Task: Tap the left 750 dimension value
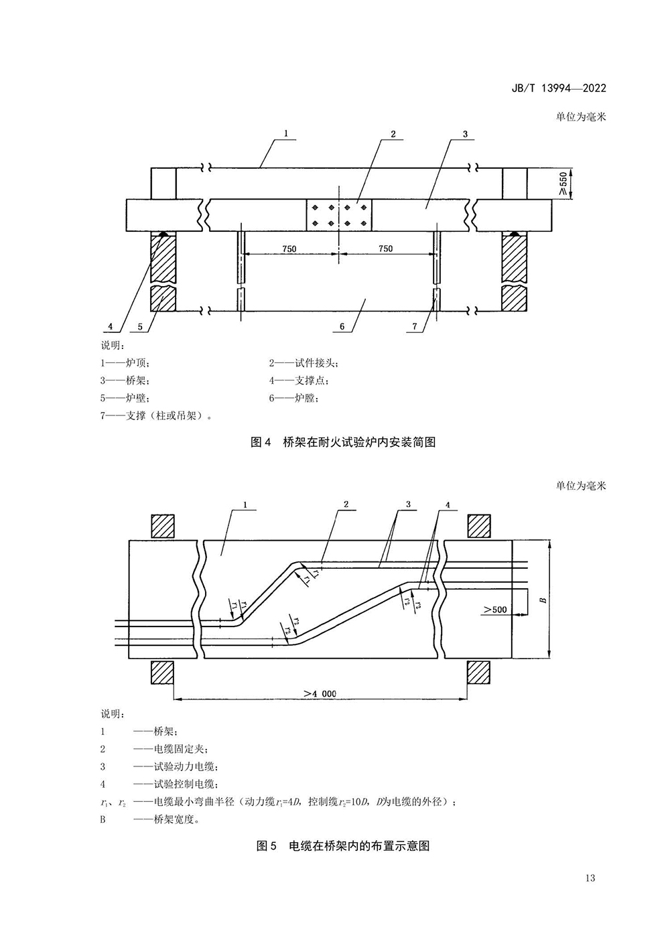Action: [x=289, y=249]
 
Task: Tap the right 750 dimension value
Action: [x=385, y=249]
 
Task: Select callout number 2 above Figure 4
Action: [x=393, y=134]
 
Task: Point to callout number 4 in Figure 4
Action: [x=110, y=326]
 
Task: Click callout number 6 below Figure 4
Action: [x=342, y=326]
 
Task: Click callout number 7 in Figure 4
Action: [x=415, y=326]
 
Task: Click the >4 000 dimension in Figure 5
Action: [x=319, y=694]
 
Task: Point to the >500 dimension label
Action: [x=495, y=610]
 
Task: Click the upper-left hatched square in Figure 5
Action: [x=163, y=526]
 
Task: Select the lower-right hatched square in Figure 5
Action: [x=479, y=673]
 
